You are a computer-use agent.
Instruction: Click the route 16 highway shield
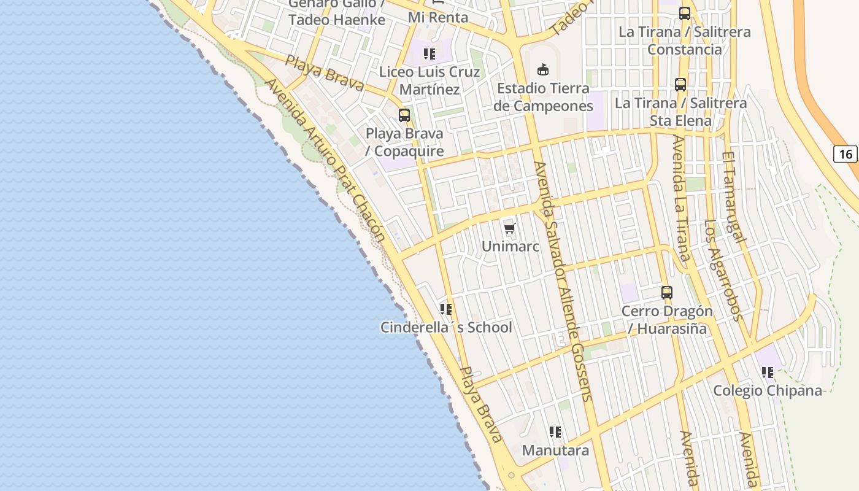[x=845, y=153]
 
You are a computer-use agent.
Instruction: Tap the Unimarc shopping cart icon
[x=510, y=230]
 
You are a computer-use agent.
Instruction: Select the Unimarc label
[x=510, y=247]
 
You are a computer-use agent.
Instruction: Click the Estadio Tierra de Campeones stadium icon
[x=543, y=69]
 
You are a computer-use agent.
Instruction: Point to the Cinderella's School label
[x=446, y=327]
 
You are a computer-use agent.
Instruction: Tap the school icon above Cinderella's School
[x=446, y=309]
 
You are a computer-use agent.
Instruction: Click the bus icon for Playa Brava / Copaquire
[x=404, y=115]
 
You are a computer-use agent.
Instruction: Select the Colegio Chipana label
[x=767, y=390]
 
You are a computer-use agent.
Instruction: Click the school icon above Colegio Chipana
[x=767, y=373]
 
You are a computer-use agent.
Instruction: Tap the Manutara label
[x=555, y=450]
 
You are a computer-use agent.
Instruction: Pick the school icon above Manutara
[x=555, y=432]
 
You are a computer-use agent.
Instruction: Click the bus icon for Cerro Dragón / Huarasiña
[x=667, y=293]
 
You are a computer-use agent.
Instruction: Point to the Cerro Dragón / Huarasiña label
[x=667, y=320]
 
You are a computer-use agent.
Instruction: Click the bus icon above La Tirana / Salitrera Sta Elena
[x=680, y=85]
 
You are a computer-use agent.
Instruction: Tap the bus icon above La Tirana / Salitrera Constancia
[x=685, y=14]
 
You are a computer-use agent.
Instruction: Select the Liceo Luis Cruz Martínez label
[x=429, y=80]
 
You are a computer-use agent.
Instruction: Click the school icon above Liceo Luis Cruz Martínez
[x=429, y=54]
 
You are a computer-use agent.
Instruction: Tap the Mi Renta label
[x=437, y=17]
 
